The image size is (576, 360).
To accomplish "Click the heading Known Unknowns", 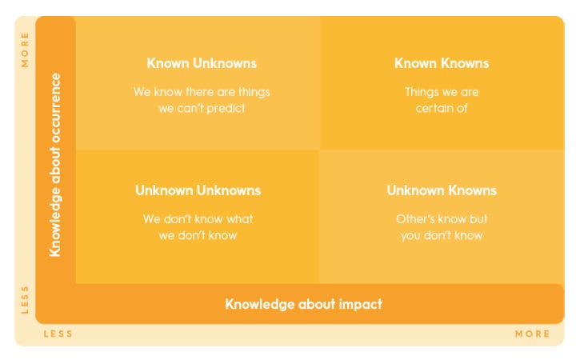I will click(x=202, y=63).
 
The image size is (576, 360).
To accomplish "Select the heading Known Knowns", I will click(x=442, y=63).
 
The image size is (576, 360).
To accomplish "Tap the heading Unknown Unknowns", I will click(x=198, y=190).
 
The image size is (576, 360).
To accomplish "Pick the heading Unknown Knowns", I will click(x=442, y=190).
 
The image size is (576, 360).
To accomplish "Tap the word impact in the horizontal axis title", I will click(x=362, y=304).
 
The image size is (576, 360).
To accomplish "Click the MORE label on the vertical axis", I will click(x=25, y=50).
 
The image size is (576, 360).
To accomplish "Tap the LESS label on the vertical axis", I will click(x=25, y=299).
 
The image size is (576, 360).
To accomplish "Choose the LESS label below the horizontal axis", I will click(x=58, y=334).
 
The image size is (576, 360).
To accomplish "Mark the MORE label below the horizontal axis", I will click(x=532, y=334).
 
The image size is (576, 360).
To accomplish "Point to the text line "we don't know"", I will click(x=198, y=235).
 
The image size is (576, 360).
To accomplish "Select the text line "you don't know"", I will click(x=442, y=235).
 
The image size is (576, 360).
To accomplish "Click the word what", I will click(x=239, y=219).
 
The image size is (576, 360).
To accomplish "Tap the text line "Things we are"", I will click(x=442, y=92).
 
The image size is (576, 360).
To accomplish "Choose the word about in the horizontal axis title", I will click(x=311, y=304).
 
